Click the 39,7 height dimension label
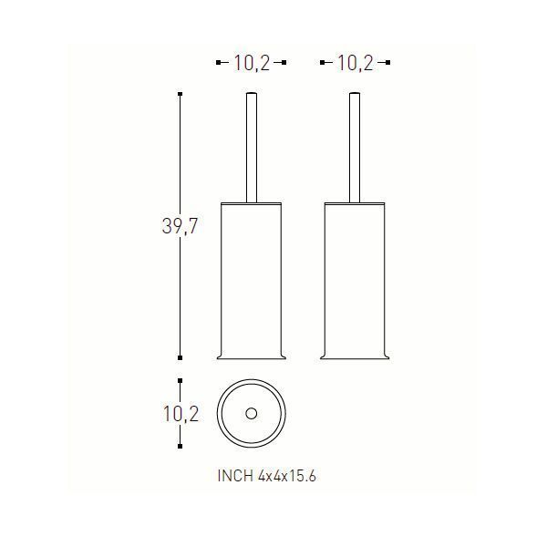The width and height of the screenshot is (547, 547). [180, 226]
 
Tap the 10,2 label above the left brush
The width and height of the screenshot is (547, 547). [252, 63]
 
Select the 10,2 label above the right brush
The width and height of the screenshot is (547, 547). [356, 63]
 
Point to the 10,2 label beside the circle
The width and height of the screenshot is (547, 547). [181, 414]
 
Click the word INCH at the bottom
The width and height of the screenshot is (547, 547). [235, 476]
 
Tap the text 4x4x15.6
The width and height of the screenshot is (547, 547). [287, 476]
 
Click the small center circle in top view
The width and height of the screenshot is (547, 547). [252, 414]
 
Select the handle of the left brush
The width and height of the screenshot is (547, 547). [252, 148]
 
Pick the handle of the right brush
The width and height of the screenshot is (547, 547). [355, 148]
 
